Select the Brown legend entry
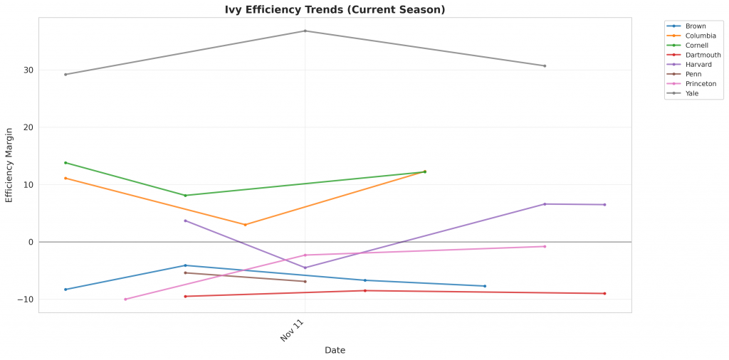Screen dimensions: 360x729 coord(696,26)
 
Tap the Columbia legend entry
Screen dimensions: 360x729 coord(701,36)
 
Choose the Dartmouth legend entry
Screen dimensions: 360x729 coord(703,55)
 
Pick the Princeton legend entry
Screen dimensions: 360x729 coord(701,83)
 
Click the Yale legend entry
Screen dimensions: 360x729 coord(691,93)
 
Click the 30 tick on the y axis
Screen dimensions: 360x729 coord(27,70)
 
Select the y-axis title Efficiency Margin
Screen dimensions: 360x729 coord(9,165)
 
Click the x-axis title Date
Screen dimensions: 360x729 coord(335,350)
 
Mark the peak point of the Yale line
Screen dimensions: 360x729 coord(305,31)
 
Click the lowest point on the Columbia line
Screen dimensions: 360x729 coord(246,225)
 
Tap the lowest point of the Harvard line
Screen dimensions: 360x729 coord(305,268)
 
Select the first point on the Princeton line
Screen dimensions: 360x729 coord(125,300)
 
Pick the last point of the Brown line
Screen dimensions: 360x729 coord(485,286)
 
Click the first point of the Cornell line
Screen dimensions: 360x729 coord(65,163)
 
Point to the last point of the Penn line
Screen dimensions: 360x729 coord(305,282)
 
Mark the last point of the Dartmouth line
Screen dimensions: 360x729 coord(604,294)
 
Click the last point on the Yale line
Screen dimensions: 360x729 coord(545,66)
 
